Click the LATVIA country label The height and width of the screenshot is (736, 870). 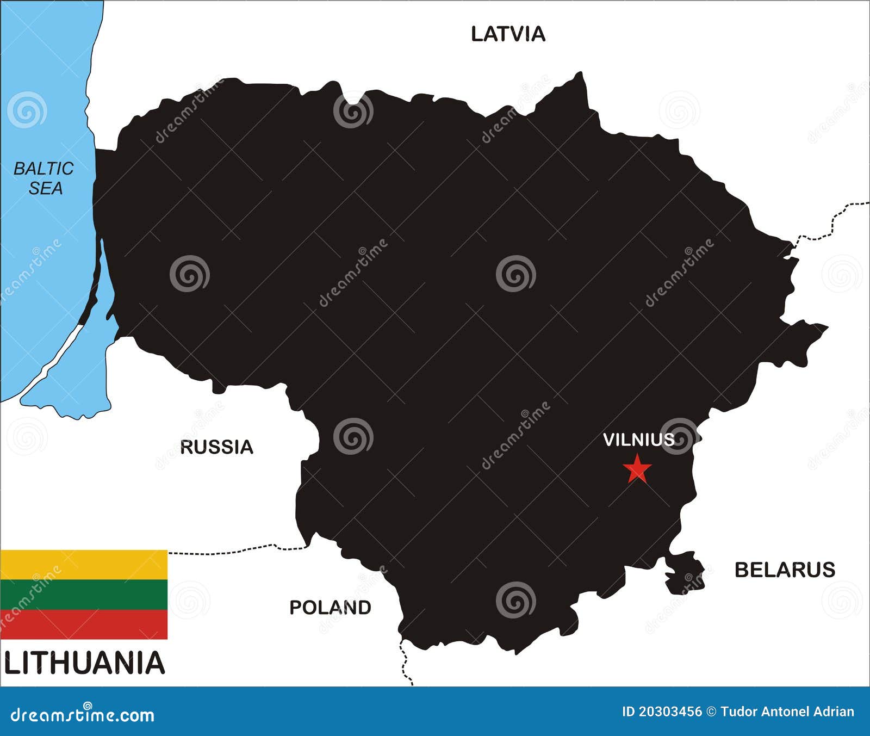pos(508,34)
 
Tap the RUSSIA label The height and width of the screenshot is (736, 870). pos(216,447)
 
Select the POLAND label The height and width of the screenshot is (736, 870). pos(330,608)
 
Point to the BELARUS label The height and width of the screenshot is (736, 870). pos(785,570)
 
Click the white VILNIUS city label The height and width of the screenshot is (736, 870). pos(638,440)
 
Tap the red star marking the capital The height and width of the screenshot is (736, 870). pos(637,469)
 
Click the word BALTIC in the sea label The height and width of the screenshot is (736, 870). pos(43,169)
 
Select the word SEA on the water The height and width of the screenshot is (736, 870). pos(46,189)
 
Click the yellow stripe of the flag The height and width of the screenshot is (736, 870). pos(84,565)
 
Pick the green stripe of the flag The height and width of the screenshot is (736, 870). pos(84,595)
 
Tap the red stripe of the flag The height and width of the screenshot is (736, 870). pos(84,624)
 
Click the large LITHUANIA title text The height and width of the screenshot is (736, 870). pos(84,664)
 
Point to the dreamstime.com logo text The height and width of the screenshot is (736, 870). pos(83,714)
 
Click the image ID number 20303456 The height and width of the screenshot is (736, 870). pos(662,712)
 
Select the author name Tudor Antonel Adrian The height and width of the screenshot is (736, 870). pos(787,712)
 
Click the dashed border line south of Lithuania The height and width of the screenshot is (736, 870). pos(405,661)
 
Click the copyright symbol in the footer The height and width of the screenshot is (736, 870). pos(711,712)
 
